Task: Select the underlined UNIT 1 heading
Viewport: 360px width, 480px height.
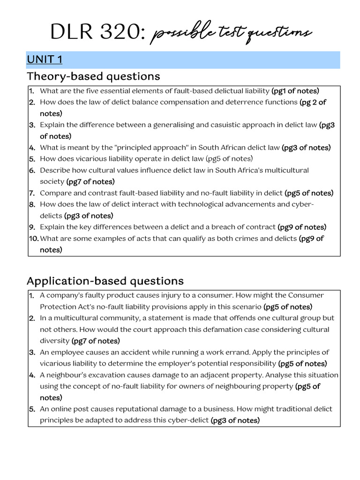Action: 45,60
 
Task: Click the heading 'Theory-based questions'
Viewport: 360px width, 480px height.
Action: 93,76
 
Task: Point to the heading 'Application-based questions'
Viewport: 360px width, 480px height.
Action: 105,281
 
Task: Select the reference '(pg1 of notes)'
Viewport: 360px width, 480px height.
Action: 295,91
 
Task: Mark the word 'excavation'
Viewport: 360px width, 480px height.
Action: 101,375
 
